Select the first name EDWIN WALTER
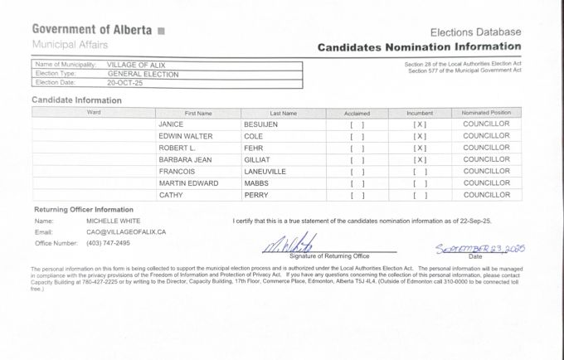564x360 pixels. tap(186, 135)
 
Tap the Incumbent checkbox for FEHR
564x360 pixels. tap(420, 148)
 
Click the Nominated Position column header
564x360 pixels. tap(486, 112)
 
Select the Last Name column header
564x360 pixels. tap(283, 112)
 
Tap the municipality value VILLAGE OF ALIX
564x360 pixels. tap(136, 64)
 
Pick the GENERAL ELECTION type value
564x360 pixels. tap(143, 74)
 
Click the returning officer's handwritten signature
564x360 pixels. tap(290, 244)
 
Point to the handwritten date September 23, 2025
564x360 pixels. tap(480, 249)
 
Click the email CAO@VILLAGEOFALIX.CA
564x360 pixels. tap(126, 232)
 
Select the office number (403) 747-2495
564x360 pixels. tap(108, 243)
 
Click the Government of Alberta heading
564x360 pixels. tap(91, 30)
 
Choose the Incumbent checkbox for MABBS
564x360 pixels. tap(420, 183)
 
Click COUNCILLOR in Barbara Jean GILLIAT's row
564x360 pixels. tap(486, 159)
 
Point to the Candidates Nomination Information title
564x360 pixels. tap(419, 47)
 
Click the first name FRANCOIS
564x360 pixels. tap(177, 171)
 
